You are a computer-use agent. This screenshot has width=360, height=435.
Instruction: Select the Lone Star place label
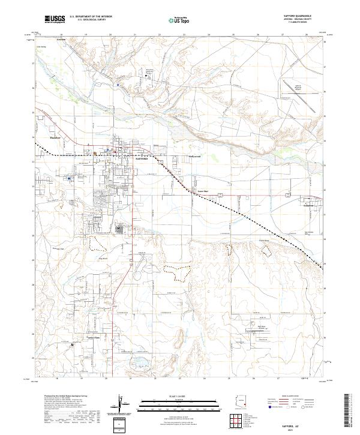coord(203,192)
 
